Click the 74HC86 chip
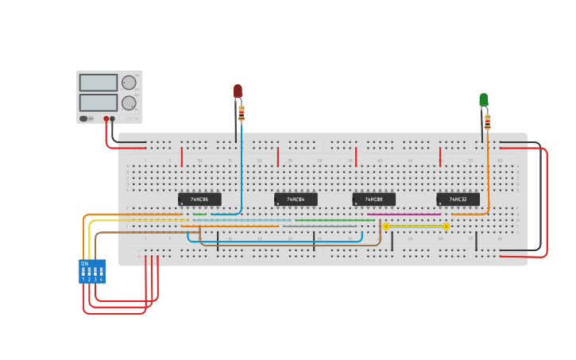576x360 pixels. coord(199,199)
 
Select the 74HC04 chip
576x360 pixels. coord(296,199)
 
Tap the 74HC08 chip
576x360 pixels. coord(373,199)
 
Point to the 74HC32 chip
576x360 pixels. coord(458,199)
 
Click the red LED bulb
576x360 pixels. coord(238,91)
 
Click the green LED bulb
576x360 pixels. coord(484,99)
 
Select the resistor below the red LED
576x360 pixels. coord(242,114)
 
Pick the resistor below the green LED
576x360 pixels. coord(488,122)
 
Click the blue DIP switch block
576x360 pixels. coord(92,271)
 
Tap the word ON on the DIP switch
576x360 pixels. coord(84,263)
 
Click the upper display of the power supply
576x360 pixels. coord(98,83)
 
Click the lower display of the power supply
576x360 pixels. coord(98,103)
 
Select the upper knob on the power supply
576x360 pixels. coord(129,83)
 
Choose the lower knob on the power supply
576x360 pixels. coord(129,103)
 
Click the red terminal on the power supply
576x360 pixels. coord(106,119)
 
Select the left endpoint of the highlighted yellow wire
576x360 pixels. coord(386,226)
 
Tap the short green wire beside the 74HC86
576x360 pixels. coord(199,214)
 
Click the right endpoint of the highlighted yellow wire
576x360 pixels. coord(446,226)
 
